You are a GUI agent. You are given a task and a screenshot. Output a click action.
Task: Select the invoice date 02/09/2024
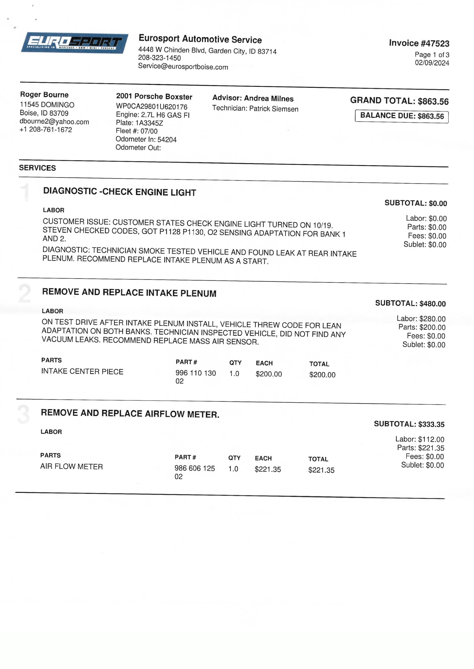point(432,63)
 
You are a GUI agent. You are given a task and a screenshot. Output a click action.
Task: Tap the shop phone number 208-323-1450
point(159,58)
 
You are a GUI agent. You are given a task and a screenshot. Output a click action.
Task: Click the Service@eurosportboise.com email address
point(183,67)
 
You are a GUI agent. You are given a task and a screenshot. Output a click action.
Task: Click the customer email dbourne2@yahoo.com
point(54,122)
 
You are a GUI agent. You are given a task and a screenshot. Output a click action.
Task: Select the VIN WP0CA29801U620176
point(152,107)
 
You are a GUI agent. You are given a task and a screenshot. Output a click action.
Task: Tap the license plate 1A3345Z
point(149,123)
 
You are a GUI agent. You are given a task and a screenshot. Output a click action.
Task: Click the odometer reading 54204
point(167,139)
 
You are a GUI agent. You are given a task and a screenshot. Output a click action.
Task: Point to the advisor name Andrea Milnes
point(268,99)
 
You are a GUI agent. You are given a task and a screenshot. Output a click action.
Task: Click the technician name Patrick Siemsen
point(274,109)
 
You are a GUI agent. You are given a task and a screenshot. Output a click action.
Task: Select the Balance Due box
point(402,116)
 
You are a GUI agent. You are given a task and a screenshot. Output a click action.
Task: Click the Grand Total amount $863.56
point(433,101)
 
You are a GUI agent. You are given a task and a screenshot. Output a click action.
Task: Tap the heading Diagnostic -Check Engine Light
point(120,192)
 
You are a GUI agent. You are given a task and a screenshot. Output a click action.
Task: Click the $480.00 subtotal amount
point(432,304)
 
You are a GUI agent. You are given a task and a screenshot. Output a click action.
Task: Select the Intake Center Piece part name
point(82,372)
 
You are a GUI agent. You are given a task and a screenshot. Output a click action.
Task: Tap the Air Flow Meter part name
point(72,467)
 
